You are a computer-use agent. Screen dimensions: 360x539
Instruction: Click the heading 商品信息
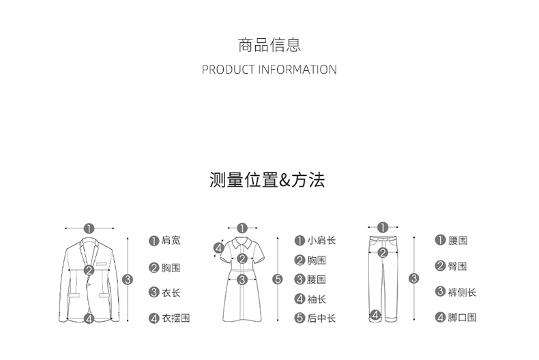pos(269,46)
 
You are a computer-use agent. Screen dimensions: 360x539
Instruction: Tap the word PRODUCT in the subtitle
pos(229,70)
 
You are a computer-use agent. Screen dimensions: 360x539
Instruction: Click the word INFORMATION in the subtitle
pos(297,70)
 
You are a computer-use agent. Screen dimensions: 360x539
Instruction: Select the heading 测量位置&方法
pos(267,180)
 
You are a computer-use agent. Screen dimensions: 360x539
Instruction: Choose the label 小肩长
pos(321,241)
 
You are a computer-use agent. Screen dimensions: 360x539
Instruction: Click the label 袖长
pos(317,299)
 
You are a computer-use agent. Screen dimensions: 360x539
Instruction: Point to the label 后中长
pos(321,318)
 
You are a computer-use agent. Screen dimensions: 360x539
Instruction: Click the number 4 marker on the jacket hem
pos(89,318)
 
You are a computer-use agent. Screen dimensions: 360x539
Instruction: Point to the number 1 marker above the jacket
pos(89,228)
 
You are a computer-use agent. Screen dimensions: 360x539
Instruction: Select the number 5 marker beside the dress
pos(277,279)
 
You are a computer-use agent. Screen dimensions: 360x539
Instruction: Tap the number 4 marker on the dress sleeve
pos(219,249)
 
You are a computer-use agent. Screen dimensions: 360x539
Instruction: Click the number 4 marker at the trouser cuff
pos(375,314)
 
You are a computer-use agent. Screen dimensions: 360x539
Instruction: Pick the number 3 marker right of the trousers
pos(413,278)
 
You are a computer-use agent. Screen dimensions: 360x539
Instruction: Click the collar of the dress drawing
pos(242,241)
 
